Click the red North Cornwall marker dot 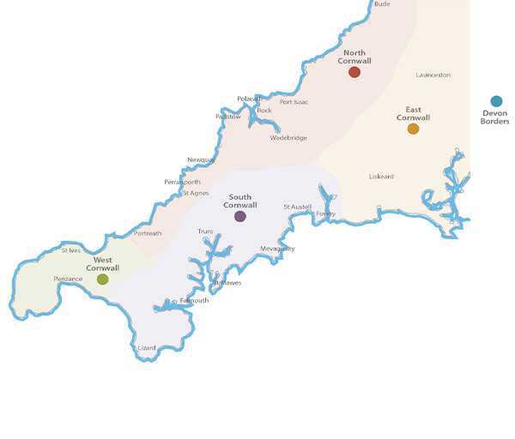[354, 73]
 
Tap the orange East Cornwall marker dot [414, 129]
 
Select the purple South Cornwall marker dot [240, 217]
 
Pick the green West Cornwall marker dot [103, 280]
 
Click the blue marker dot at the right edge [496, 102]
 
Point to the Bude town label [382, 4]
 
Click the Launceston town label [433, 75]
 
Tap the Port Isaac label [294, 102]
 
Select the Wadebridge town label [288, 138]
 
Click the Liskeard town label [381, 177]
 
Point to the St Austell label [298, 207]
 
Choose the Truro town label [206, 232]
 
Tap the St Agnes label [196, 193]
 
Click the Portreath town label [148, 233]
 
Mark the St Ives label [71, 250]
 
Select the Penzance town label [69, 279]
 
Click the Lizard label [147, 348]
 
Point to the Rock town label [264, 111]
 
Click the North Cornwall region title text [354, 57]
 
